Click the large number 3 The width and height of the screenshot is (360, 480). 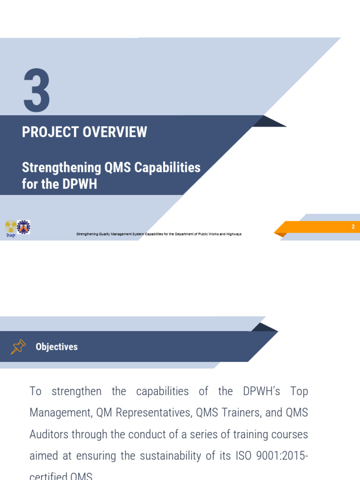37,91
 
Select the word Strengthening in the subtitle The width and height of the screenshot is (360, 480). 61,167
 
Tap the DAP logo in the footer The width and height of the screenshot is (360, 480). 10,228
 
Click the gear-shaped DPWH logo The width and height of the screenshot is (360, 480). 23,227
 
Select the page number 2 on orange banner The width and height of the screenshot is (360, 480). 353,227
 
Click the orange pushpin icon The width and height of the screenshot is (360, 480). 18,347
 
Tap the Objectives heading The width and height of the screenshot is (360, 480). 57,347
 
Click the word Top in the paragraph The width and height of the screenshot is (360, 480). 299,391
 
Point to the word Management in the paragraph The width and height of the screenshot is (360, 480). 60,413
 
